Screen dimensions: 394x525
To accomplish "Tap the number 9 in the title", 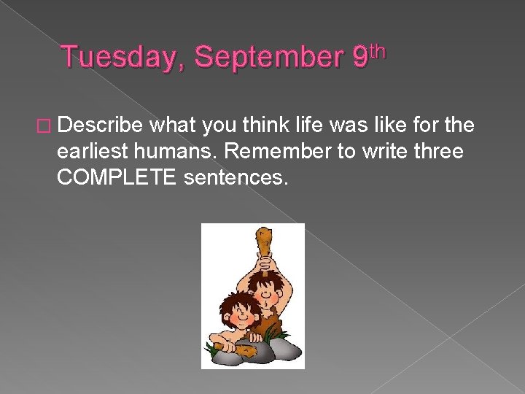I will [359, 58].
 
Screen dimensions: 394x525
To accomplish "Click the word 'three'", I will [440, 152].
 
